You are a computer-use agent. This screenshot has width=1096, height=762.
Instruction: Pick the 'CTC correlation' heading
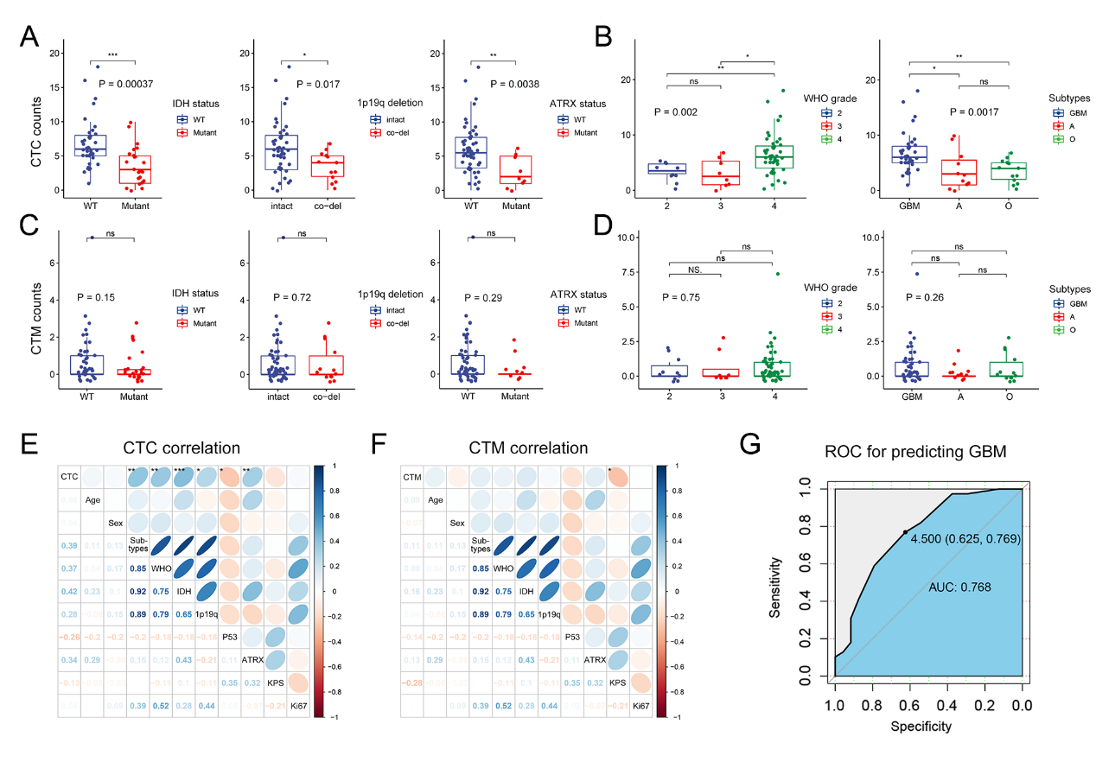point(181,448)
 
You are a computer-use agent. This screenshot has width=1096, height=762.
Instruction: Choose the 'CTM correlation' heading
point(528,448)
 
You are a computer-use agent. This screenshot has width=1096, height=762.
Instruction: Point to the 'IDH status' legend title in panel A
point(195,104)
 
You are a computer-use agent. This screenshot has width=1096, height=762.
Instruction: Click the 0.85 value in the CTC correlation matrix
point(137,568)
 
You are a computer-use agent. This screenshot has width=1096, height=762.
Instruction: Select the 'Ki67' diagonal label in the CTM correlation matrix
point(641,706)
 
